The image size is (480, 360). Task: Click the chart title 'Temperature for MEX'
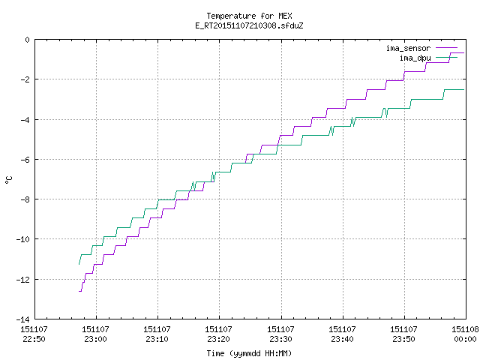[x=249, y=16]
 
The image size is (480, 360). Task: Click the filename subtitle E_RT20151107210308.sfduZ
[x=249, y=25]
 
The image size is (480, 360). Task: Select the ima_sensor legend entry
[x=421, y=48]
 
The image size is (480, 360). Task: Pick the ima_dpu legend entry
[x=428, y=58]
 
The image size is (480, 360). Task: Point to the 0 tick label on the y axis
[x=28, y=40]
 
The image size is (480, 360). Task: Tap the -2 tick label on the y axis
[x=25, y=79]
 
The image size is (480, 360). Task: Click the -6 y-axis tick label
[x=25, y=160]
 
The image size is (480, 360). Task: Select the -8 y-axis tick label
[x=25, y=199]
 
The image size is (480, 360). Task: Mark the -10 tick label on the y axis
[x=23, y=239]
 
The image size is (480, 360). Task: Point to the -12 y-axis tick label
[x=23, y=280]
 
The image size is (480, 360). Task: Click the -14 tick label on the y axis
[x=23, y=319]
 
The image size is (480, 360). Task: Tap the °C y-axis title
[x=9, y=180]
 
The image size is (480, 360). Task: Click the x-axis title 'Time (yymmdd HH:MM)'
[x=249, y=353]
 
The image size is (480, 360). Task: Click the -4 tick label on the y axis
[x=25, y=120]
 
